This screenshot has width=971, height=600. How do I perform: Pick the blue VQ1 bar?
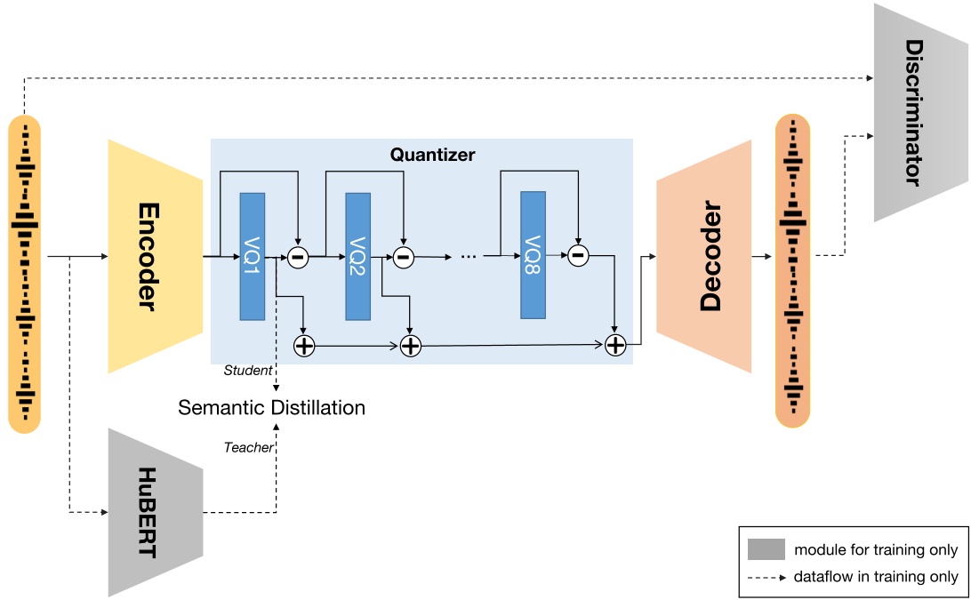pyautogui.click(x=253, y=256)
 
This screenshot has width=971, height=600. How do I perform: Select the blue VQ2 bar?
pyautogui.click(x=358, y=256)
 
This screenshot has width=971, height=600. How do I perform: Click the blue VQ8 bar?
pyautogui.click(x=533, y=255)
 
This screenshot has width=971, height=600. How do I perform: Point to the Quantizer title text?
pyautogui.click(x=433, y=155)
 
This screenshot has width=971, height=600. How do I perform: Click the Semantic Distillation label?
pyautogui.click(x=271, y=408)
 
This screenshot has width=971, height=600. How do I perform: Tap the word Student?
pyautogui.click(x=248, y=370)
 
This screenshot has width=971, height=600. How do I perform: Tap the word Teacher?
pyautogui.click(x=248, y=447)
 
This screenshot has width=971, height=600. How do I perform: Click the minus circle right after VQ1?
pyautogui.click(x=298, y=257)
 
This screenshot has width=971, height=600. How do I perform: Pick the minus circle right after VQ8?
pyautogui.click(x=578, y=256)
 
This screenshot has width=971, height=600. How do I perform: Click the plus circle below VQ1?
pyautogui.click(x=304, y=345)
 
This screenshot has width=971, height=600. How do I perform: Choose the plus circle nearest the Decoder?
pyautogui.click(x=615, y=345)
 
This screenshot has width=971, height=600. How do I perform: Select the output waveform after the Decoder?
pyautogui.click(x=792, y=271)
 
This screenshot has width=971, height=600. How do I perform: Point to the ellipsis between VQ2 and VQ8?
pyautogui.click(x=469, y=257)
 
